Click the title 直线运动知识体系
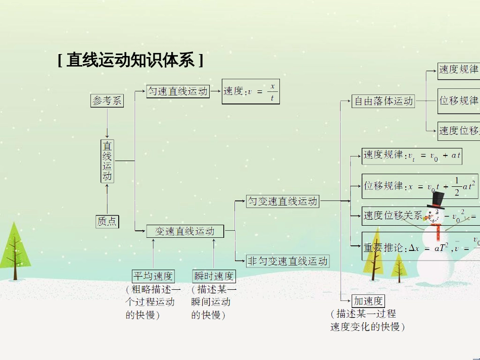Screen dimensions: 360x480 [x=130, y=61]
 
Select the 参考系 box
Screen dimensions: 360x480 [x=107, y=100]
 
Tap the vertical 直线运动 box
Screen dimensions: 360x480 [x=107, y=161]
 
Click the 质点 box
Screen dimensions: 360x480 [x=107, y=221]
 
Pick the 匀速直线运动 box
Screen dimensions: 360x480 [x=178, y=91]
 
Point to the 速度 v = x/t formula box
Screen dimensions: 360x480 [x=251, y=91]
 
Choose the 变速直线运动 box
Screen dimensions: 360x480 [x=184, y=231]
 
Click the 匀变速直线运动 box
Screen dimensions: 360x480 [x=282, y=201]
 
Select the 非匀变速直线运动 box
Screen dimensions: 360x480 [x=287, y=261]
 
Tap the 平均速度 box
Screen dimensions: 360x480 [x=153, y=276]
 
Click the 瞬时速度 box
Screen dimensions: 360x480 [x=214, y=276]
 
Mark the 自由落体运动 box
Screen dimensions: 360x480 [x=383, y=101]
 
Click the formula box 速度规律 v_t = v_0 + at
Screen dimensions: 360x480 [x=412, y=156]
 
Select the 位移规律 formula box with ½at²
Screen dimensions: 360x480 [x=419, y=186]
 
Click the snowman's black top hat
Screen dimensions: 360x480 [x=436, y=200]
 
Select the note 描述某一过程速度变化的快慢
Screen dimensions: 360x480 [x=368, y=320]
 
